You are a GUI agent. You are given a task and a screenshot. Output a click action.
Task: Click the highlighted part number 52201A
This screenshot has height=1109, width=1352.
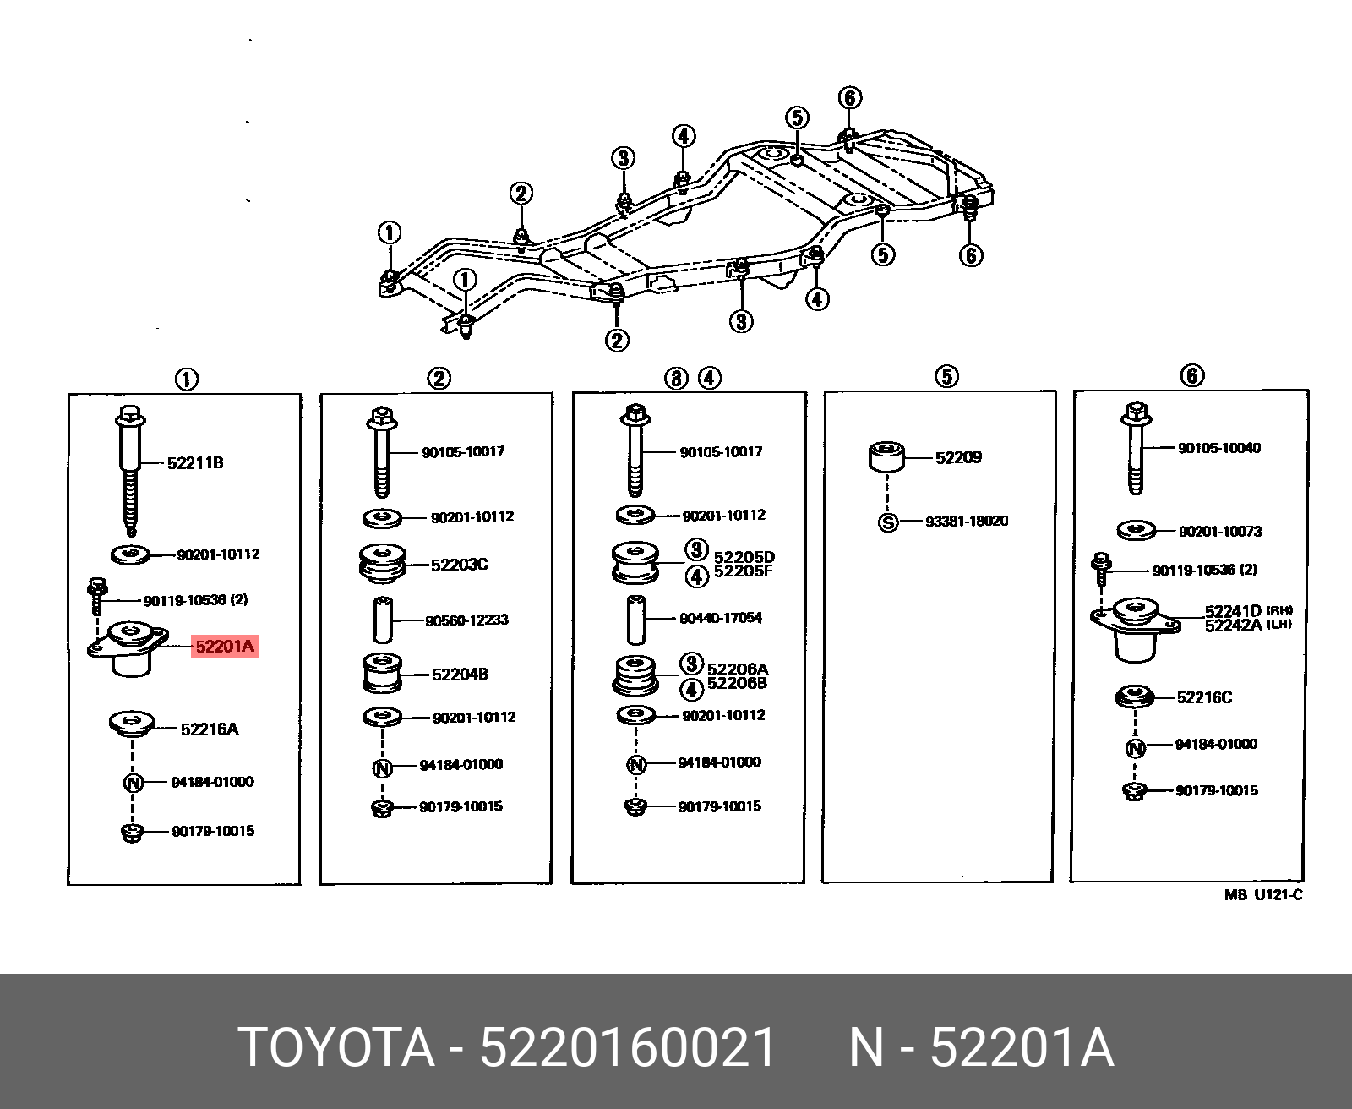pos(225,647)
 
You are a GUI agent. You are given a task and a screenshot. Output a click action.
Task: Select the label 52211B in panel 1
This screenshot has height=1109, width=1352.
pos(195,463)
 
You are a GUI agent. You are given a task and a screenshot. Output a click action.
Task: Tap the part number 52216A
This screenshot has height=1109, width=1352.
pos(210,729)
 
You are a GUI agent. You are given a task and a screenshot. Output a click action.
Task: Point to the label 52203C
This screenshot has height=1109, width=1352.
pos(459,565)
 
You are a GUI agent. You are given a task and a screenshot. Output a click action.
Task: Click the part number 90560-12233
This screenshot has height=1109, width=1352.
pos(466,620)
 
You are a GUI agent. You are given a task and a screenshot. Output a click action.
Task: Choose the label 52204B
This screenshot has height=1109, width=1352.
pos(460,675)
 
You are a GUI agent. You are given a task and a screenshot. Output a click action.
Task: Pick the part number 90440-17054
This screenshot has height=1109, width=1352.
pos(721,618)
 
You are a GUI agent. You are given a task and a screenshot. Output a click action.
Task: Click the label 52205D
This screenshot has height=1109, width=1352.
pos(744,556)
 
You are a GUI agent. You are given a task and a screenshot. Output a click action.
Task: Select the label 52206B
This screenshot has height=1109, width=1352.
pos(737,684)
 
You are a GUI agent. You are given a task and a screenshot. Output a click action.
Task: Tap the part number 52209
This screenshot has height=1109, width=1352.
pos(958,457)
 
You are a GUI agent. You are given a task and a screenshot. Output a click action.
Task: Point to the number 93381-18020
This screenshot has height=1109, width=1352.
pos(967,521)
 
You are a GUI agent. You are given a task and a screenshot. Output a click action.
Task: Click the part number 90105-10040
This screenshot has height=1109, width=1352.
pos(1219,448)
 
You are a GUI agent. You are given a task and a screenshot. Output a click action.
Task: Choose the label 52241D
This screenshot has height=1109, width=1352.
pos(1233,610)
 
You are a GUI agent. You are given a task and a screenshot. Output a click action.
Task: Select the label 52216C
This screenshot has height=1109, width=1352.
pos(1204,697)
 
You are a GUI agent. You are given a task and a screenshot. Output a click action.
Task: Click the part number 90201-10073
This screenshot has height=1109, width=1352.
pos(1220,531)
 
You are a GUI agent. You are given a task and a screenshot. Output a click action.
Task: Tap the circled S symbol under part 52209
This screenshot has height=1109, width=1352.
pos(887,522)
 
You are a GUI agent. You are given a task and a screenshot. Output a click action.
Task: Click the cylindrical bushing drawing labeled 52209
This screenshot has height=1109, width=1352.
pos(886,456)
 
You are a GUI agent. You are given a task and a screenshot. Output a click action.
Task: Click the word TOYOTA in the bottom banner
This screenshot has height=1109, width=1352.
pos(335,1048)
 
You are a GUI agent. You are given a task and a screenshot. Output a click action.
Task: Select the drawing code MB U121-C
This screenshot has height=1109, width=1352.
pos(1263,895)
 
